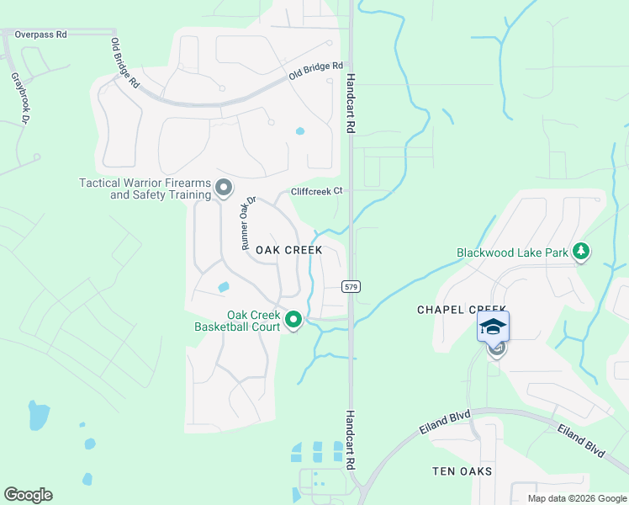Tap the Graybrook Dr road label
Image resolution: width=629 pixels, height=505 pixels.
pos(21,98)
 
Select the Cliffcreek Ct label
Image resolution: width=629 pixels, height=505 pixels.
pos(316,191)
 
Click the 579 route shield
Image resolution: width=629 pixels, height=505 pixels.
pos(351,287)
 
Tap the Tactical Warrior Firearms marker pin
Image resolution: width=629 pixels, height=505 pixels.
pos(223,188)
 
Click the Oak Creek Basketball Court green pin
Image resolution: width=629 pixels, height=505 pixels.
pos(293,320)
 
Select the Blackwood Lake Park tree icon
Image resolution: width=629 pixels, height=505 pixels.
pos(580,251)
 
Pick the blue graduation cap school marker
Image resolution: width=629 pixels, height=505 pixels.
pos(493,327)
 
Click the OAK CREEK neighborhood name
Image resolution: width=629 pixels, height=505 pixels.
pos(289,250)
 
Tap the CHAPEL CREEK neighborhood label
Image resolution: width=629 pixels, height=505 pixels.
pos(453,310)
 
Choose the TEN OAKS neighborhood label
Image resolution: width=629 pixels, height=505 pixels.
pos(462,471)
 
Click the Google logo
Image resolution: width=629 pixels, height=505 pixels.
pos(28,495)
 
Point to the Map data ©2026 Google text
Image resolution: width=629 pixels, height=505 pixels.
pos(577,498)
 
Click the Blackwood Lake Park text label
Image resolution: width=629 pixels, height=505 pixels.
pos(512,252)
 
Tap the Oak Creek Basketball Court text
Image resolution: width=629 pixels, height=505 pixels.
pos(237,320)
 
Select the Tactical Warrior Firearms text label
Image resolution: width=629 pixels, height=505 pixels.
pos(145,189)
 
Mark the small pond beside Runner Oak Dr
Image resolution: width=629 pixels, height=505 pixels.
pos(223,287)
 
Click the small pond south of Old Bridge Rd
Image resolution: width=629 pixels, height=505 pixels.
pos(300,131)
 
